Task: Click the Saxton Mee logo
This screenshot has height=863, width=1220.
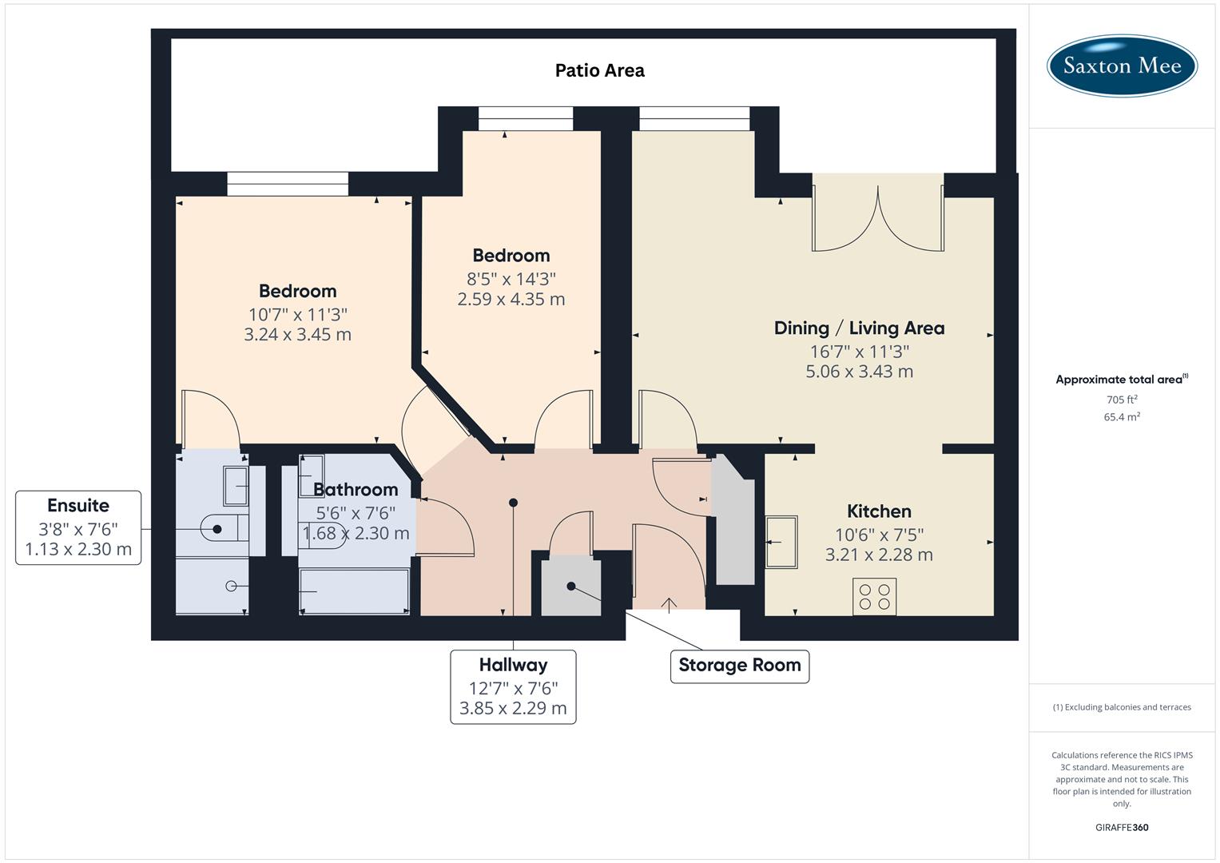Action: pyautogui.click(x=1121, y=66)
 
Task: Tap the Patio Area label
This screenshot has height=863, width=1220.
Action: pyautogui.click(x=599, y=70)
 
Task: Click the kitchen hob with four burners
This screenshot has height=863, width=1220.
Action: pyautogui.click(x=874, y=596)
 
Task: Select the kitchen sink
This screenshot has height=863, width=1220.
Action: pyautogui.click(x=781, y=542)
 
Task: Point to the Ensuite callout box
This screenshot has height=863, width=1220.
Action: pyautogui.click(x=78, y=527)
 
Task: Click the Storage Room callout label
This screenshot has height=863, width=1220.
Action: pyautogui.click(x=739, y=666)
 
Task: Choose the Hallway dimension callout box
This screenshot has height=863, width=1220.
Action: pyautogui.click(x=513, y=687)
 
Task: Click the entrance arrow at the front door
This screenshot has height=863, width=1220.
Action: pyautogui.click(x=669, y=604)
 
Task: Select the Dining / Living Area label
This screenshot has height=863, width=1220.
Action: pyautogui.click(x=859, y=328)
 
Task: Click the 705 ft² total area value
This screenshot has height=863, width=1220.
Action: pyautogui.click(x=1122, y=400)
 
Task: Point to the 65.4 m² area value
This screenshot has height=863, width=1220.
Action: pyautogui.click(x=1122, y=417)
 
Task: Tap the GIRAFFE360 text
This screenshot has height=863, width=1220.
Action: pyautogui.click(x=1122, y=827)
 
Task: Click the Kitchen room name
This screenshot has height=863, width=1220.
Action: pyautogui.click(x=879, y=511)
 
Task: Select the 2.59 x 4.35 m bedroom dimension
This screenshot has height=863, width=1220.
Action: pyautogui.click(x=511, y=300)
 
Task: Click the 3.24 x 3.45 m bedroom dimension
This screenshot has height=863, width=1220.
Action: pyautogui.click(x=297, y=335)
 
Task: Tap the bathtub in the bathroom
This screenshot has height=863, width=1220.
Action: pyautogui.click(x=354, y=591)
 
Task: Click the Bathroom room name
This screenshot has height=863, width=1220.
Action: pyautogui.click(x=356, y=490)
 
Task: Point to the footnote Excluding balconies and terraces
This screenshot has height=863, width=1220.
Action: pyautogui.click(x=1122, y=707)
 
